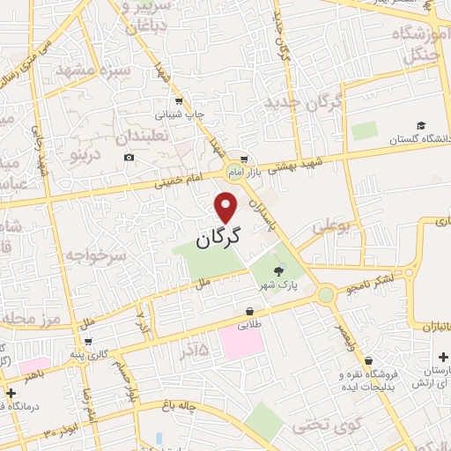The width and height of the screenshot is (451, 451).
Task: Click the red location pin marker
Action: [227, 208]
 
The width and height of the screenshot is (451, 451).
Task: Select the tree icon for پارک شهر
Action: [279, 271]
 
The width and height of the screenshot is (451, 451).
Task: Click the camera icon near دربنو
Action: [129, 158]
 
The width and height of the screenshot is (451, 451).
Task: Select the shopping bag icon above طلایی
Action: [251, 311]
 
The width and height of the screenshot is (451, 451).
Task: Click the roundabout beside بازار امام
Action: [234, 171]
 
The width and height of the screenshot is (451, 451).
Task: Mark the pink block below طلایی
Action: [241, 344]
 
